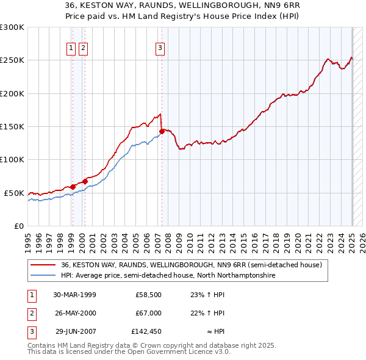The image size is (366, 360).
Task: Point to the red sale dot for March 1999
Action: (73, 187)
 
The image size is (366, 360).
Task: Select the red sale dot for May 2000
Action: (85, 181)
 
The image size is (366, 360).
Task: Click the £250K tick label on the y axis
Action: (12, 60)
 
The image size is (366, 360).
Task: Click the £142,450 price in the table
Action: (146, 332)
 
